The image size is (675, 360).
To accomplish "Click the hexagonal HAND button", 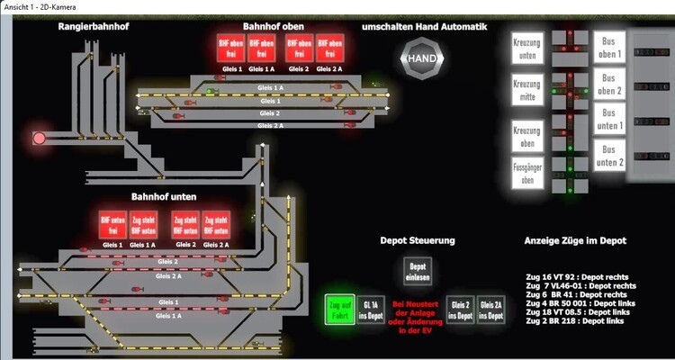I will (422, 58).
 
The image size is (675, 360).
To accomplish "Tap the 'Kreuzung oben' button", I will (528, 136).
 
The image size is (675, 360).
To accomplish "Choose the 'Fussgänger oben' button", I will (528, 173).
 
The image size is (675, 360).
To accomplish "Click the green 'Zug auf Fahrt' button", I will (339, 310).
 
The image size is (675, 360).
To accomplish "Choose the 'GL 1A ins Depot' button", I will (371, 310).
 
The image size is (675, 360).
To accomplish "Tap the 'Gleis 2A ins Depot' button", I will (491, 310).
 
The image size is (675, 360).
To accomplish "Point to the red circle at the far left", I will (39, 139).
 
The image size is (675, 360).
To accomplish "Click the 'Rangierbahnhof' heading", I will (94, 27).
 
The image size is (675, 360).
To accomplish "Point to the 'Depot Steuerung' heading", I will (417, 241).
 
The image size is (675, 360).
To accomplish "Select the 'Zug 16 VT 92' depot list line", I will (576, 276).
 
